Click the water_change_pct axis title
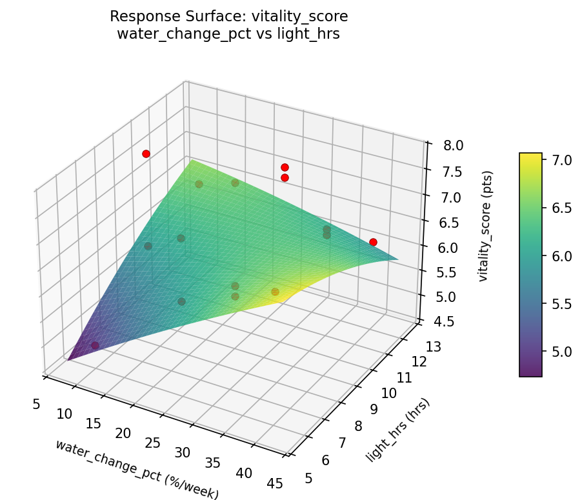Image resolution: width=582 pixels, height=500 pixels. (137, 469)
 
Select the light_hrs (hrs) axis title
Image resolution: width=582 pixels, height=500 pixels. (397, 430)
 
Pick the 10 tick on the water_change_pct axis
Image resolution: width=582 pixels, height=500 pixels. (64, 414)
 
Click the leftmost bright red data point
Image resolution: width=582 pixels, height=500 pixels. (146, 154)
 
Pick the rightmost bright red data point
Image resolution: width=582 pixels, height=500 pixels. (373, 242)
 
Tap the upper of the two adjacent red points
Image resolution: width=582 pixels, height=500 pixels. (285, 167)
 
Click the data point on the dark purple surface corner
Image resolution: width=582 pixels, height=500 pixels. (95, 345)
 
